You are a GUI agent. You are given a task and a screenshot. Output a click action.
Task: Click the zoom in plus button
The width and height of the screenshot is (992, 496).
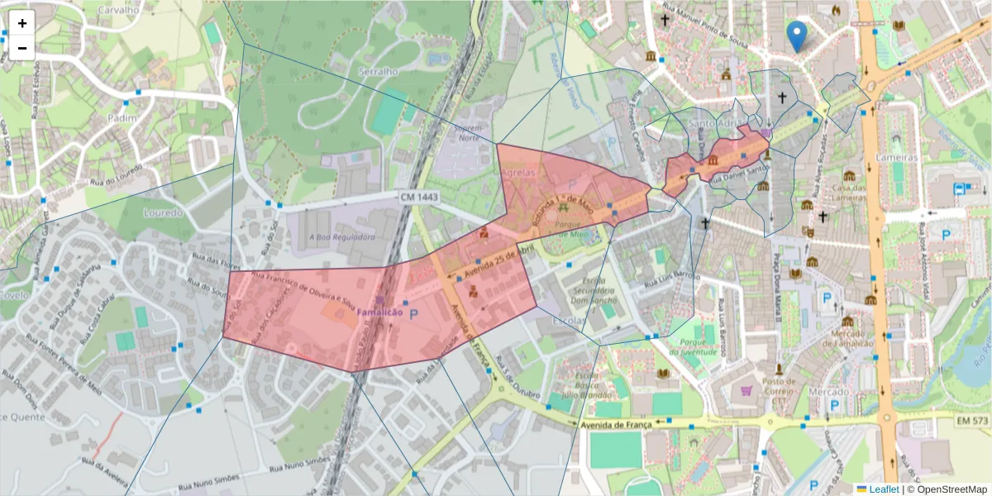coord(22,24)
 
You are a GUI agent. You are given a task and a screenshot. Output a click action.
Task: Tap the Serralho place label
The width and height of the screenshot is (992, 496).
coord(378,72)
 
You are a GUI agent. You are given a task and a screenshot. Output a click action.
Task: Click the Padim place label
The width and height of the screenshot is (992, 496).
coord(122,118)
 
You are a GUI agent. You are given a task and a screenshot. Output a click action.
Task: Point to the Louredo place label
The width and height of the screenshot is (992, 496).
coord(163,212)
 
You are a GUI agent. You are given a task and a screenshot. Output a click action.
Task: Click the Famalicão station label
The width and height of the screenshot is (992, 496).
coord(379,313)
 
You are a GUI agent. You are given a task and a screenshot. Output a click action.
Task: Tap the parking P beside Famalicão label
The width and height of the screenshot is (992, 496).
coord(414,314)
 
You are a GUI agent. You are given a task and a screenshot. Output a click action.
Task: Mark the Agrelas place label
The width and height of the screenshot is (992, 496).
coord(518,173)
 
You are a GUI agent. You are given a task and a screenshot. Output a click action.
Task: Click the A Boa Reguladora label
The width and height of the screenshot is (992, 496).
coord(342,236)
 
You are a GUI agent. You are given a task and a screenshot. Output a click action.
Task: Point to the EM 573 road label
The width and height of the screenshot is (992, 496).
coord(972,421)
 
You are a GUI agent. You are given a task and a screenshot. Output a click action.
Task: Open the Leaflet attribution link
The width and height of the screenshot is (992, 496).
coord(884,489)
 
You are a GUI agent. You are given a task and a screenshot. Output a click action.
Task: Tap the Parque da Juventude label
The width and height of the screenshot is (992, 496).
coord(696,346)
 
